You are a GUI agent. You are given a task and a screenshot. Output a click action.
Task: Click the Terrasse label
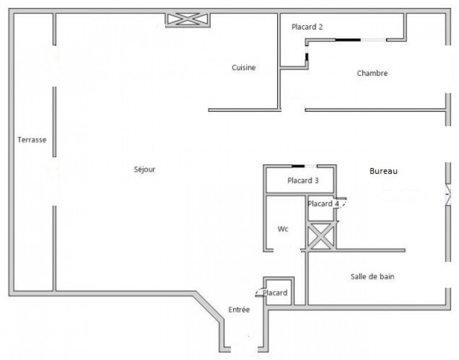tap(32, 140)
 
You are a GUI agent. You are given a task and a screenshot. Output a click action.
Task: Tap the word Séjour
tap(145, 169)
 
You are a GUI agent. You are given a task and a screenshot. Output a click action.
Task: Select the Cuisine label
tap(244, 67)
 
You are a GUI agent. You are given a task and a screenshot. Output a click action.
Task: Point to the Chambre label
tap(372, 73)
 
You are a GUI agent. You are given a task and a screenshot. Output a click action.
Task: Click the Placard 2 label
tap(307, 27)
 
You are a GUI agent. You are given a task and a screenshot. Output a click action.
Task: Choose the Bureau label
tap(383, 171)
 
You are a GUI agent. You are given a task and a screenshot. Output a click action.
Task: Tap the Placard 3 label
tap(303, 180)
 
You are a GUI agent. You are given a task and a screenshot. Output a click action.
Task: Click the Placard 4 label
tap(323, 204)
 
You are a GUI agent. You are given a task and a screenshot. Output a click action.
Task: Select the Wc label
tap(283, 229)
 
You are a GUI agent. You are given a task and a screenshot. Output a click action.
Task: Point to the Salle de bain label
tap(373, 277)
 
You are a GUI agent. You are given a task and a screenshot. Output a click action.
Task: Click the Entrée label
tap(239, 310)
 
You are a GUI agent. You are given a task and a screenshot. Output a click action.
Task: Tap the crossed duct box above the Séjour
tap(188, 20)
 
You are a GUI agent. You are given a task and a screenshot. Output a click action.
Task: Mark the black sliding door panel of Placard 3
tap(298, 166)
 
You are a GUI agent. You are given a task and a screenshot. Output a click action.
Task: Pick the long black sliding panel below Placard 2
tap(348, 40)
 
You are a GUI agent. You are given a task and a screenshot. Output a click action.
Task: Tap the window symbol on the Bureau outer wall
tap(448, 195)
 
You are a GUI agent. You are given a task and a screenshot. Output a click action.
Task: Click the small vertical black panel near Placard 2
tap(307, 57)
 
